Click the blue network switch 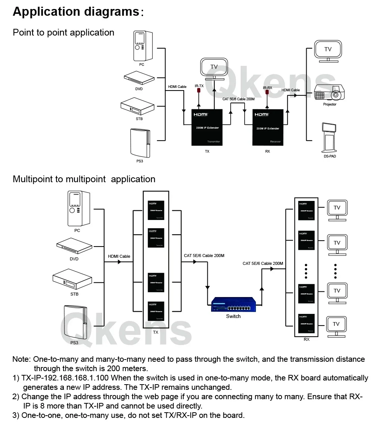[233, 304]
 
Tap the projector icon [329, 93]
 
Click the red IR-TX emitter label [199, 86]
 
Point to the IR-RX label [267, 88]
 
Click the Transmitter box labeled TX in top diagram [207, 128]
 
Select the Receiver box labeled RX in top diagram [267, 128]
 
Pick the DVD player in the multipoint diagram [74, 245]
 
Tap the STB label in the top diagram [139, 119]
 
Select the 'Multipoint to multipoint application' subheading [84, 179]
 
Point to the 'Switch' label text [233, 316]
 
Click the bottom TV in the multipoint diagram [336, 325]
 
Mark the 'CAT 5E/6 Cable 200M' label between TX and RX [238, 99]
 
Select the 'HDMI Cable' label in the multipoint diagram [119, 256]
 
